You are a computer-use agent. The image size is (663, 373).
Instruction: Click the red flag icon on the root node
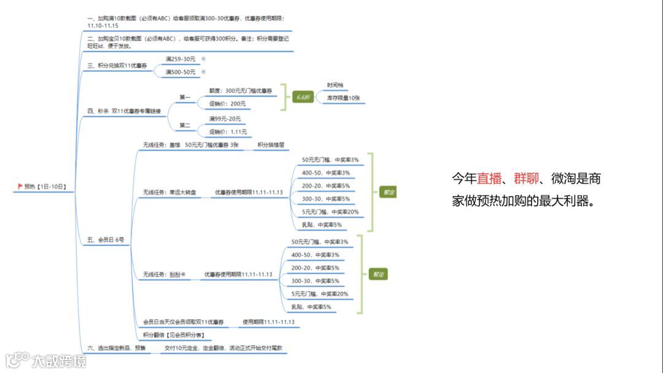(20, 186)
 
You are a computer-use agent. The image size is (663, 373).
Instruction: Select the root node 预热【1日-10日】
(45, 186)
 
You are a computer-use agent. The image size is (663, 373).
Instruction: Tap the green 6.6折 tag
(303, 97)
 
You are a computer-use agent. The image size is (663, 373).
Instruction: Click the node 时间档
(335, 85)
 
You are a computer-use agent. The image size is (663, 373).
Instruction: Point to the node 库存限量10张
(343, 98)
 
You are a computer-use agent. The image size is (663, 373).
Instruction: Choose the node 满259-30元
(180, 59)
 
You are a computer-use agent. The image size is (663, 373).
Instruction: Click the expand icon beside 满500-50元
(203, 73)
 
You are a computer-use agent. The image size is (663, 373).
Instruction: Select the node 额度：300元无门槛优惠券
(241, 91)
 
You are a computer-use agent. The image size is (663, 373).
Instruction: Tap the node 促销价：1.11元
(228, 132)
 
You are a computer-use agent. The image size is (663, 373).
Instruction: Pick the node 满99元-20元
(225, 119)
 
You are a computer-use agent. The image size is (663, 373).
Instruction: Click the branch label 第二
(185, 125)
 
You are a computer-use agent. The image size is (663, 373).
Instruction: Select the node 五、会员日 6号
(106, 240)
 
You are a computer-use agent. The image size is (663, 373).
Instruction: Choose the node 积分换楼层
(271, 145)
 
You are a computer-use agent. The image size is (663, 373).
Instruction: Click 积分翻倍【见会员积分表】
(173, 336)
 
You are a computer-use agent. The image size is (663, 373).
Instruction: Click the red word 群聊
(527, 179)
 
